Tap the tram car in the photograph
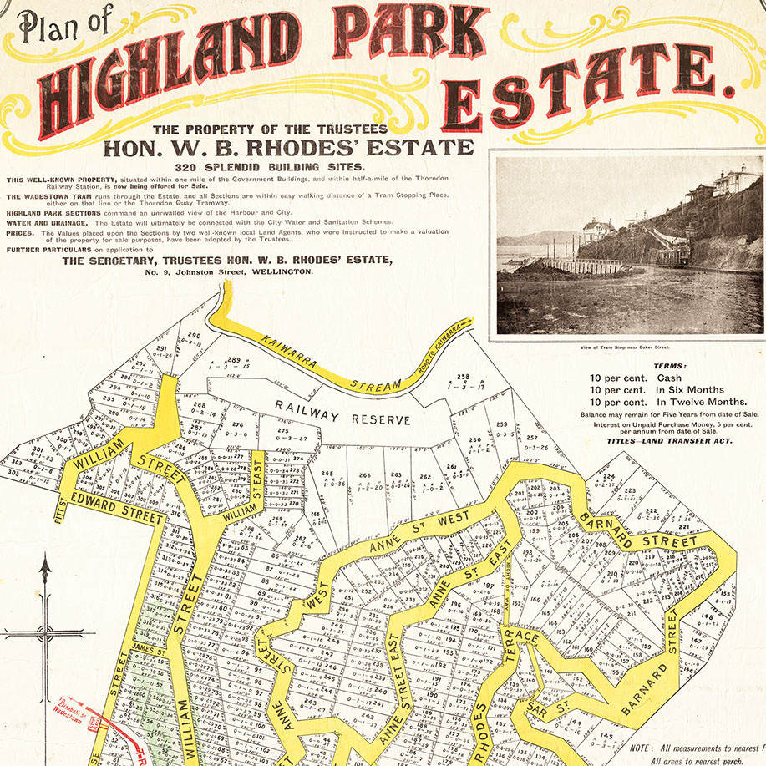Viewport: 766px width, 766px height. pyautogui.click(x=673, y=252)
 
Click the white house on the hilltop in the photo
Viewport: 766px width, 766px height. pyautogui.click(x=735, y=180)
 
